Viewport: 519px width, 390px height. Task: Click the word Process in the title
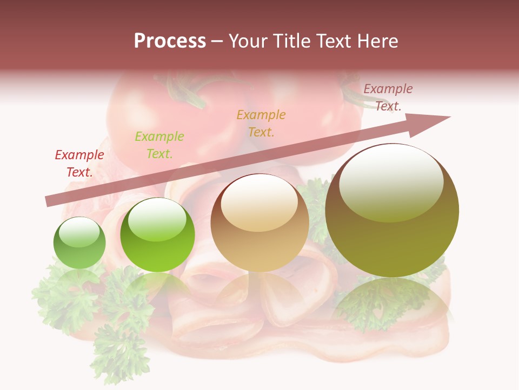[x=170, y=41]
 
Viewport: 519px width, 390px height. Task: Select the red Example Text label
[x=79, y=164]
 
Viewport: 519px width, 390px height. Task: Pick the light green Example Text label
[x=159, y=145]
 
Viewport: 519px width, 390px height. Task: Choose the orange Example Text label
[x=261, y=123]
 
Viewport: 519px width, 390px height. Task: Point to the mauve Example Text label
[x=388, y=97]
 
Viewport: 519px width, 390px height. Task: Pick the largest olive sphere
[x=392, y=211]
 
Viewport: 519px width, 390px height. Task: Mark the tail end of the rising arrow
[x=49, y=201]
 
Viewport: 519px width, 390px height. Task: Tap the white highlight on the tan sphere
[x=259, y=203]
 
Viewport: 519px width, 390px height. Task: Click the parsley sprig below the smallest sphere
[x=65, y=298]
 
